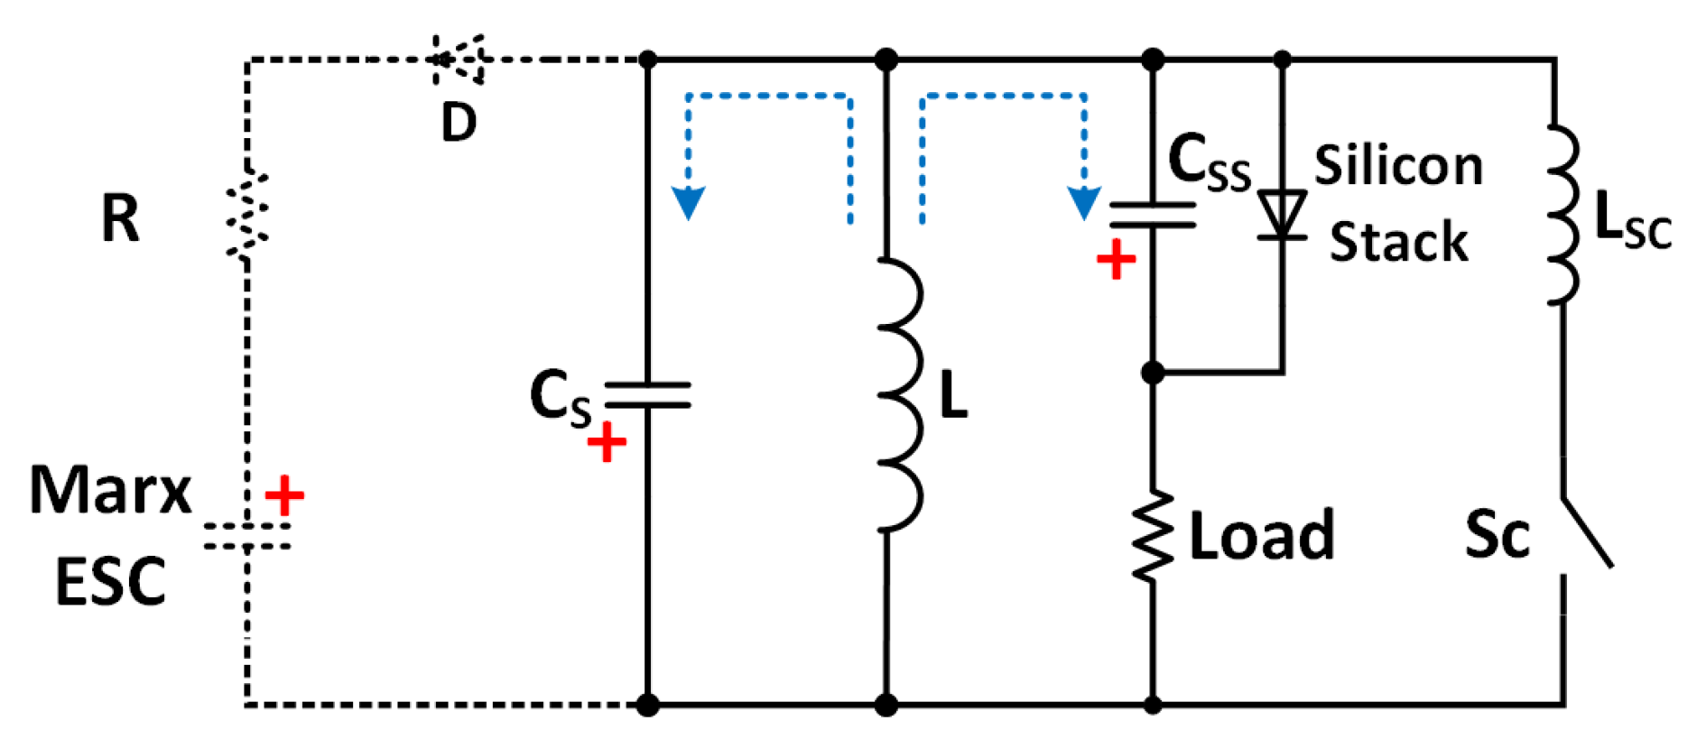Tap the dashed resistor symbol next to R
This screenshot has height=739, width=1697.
[x=246, y=215]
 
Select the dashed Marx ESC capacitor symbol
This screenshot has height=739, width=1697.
[x=246, y=535]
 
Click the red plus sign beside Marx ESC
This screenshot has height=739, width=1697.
[x=284, y=495]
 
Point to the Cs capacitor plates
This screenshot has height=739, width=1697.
[x=647, y=395]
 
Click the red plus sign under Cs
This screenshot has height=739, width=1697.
[x=607, y=442]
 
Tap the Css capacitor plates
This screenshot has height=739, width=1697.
[x=1152, y=215]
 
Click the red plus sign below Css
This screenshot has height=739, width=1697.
[x=1116, y=260]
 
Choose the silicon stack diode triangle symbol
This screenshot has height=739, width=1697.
[x=1283, y=215]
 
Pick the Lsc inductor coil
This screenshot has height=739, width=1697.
[x=1562, y=215]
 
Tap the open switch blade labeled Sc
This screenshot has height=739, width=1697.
[x=1586, y=532]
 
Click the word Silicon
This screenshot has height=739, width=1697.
[x=1398, y=166]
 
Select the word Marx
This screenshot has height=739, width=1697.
[x=110, y=491]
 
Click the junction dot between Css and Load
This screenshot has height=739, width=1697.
[x=1153, y=372]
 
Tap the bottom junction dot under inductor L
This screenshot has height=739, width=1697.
[x=886, y=705]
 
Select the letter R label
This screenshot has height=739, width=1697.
[x=120, y=218]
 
